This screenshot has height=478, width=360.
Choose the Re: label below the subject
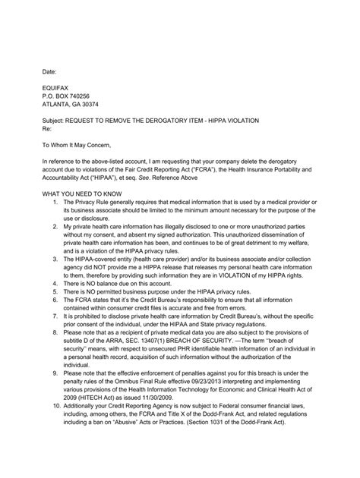click(46, 130)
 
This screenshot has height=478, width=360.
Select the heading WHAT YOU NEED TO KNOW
click(89, 195)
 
